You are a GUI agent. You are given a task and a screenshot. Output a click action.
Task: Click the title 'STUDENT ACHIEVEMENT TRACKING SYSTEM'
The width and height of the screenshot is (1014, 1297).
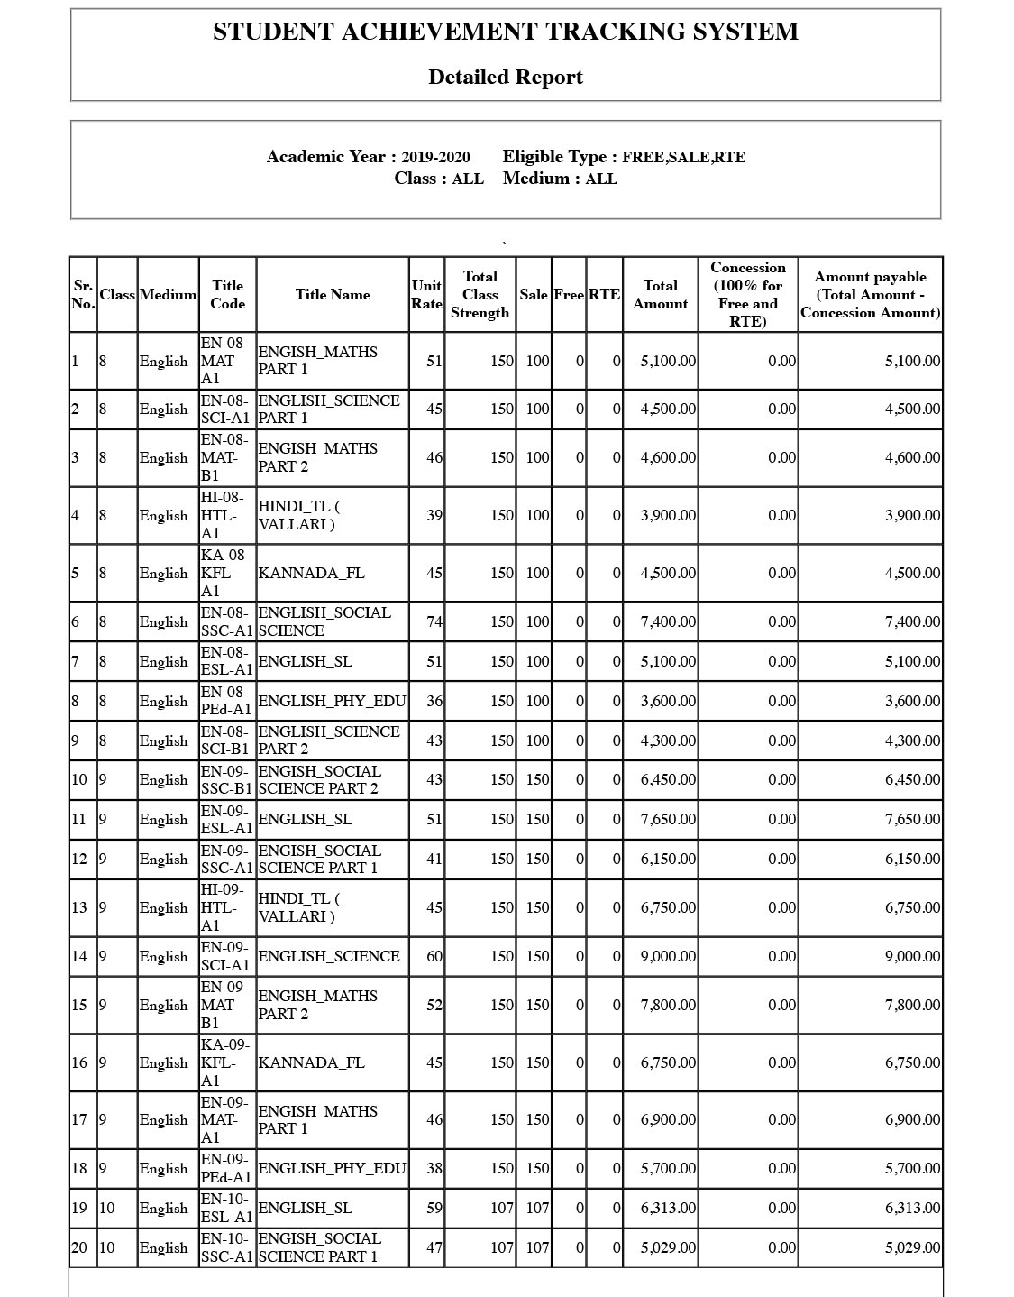pyautogui.click(x=505, y=32)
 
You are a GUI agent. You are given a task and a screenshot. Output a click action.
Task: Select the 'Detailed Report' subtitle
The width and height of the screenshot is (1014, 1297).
pyautogui.click(x=505, y=78)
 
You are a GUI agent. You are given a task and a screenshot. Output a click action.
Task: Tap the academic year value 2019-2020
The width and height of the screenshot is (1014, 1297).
pyautogui.click(x=435, y=157)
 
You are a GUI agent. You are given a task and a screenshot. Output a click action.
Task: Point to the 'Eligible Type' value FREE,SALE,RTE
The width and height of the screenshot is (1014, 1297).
pyautogui.click(x=683, y=157)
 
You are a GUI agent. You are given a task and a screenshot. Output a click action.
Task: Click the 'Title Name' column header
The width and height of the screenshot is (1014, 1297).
pyautogui.click(x=332, y=294)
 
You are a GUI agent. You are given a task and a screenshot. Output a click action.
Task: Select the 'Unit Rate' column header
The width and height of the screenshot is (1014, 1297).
pyautogui.click(x=426, y=294)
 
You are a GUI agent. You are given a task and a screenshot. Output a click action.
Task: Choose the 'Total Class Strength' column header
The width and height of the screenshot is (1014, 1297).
pyautogui.click(x=480, y=294)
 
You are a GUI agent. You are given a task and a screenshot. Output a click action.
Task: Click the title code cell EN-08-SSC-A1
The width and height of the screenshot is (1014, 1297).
pyautogui.click(x=226, y=621)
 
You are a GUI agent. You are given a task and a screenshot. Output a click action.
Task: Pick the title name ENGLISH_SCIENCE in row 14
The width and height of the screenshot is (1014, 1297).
pyautogui.click(x=328, y=956)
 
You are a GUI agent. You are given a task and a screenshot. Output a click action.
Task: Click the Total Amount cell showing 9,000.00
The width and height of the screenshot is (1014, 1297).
pyautogui.click(x=668, y=956)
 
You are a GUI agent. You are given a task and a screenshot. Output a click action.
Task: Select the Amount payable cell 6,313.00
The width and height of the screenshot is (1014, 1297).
pyautogui.click(x=912, y=1208)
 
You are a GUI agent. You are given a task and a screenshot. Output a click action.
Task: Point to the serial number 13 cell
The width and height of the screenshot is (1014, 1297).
pyautogui.click(x=79, y=907)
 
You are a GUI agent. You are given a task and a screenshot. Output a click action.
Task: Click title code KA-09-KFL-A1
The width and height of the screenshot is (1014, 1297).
pyautogui.click(x=224, y=1062)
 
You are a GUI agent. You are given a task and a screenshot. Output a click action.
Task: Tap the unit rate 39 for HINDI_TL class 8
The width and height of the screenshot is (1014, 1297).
pyautogui.click(x=434, y=515)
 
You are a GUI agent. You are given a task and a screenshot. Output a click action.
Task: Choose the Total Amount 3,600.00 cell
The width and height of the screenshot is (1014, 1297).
pyautogui.click(x=668, y=701)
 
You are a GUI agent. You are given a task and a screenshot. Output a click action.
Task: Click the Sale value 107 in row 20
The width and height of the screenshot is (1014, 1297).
pyautogui.click(x=537, y=1247)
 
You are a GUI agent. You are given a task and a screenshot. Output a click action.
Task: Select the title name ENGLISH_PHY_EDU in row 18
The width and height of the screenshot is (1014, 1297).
pyautogui.click(x=332, y=1168)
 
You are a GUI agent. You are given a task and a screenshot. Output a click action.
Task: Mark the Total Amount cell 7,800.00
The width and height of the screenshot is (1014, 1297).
pyautogui.click(x=668, y=1005)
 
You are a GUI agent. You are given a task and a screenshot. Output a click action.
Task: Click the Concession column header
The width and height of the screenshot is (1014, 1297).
pyautogui.click(x=747, y=294)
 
